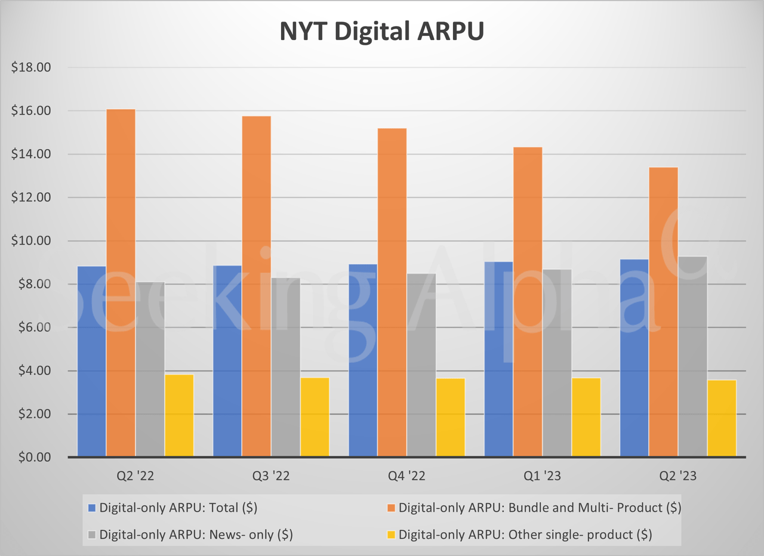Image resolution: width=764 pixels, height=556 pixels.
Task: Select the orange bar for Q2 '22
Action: tap(121, 283)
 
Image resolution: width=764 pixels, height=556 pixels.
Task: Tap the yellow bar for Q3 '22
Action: tap(315, 417)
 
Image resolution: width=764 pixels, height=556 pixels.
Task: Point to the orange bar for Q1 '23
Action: tap(528, 302)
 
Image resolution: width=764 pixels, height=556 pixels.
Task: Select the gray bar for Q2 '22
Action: tap(150, 369)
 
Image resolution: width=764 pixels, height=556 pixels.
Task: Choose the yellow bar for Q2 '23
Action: tap(722, 418)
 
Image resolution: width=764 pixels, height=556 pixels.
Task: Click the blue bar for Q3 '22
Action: tap(227, 361)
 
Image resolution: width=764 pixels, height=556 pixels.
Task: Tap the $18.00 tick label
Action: tap(31, 68)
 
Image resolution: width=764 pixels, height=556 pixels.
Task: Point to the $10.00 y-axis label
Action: tap(31, 241)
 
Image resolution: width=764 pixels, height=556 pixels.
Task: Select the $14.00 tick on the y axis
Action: tap(31, 155)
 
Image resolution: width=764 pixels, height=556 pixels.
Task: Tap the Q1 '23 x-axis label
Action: tap(542, 476)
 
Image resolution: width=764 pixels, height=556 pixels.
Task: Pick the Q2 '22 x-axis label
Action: tap(135, 476)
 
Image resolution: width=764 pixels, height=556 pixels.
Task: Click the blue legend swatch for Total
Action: tap(91, 508)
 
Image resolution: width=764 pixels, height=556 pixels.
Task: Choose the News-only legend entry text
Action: tap(196, 535)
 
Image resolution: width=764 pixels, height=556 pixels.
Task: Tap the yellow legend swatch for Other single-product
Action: tap(390, 535)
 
